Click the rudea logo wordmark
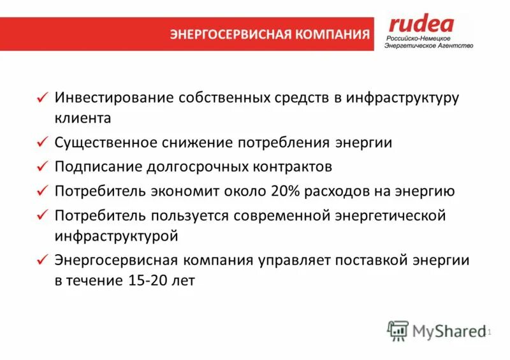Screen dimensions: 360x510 [421, 24]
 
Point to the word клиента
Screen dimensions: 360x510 [83, 118]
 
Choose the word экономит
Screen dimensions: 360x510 [182, 191]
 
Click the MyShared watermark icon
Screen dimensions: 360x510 [397, 330]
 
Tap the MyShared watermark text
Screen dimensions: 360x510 [449, 331]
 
